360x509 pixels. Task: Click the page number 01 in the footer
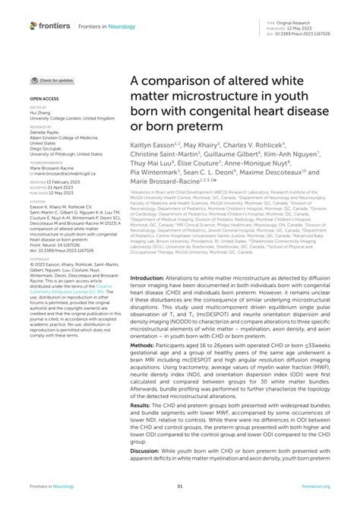[180, 486]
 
